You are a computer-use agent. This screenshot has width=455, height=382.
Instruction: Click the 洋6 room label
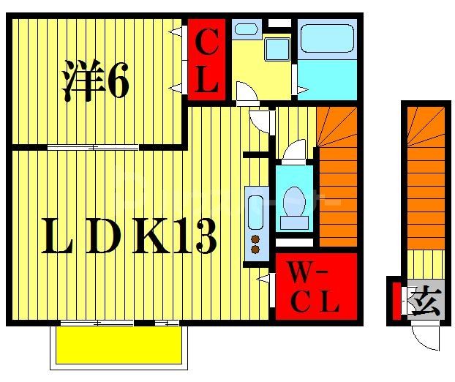point(95,83)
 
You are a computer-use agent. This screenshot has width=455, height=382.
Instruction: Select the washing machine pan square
point(278,50)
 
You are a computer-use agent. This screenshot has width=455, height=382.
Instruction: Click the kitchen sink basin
point(256,211)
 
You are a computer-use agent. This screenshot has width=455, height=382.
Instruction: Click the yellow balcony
point(117,345)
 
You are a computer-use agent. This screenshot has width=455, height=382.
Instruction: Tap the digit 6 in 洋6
point(119,83)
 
